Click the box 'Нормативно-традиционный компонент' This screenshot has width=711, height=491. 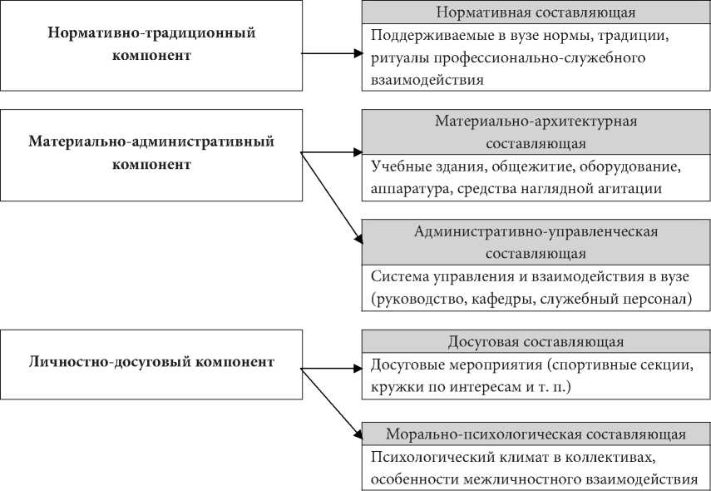(151, 45)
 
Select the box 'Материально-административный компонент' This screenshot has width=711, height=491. (151, 153)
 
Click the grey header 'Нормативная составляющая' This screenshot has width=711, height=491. (536, 12)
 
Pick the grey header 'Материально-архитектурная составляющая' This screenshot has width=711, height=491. (536, 131)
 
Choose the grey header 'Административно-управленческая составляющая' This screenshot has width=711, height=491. (536, 241)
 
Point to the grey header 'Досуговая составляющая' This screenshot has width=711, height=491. (536, 341)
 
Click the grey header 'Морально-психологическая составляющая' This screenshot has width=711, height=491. (536, 434)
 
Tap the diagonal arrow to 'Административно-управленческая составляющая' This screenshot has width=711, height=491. (333, 198)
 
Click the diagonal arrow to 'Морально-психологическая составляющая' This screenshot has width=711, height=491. (333, 403)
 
